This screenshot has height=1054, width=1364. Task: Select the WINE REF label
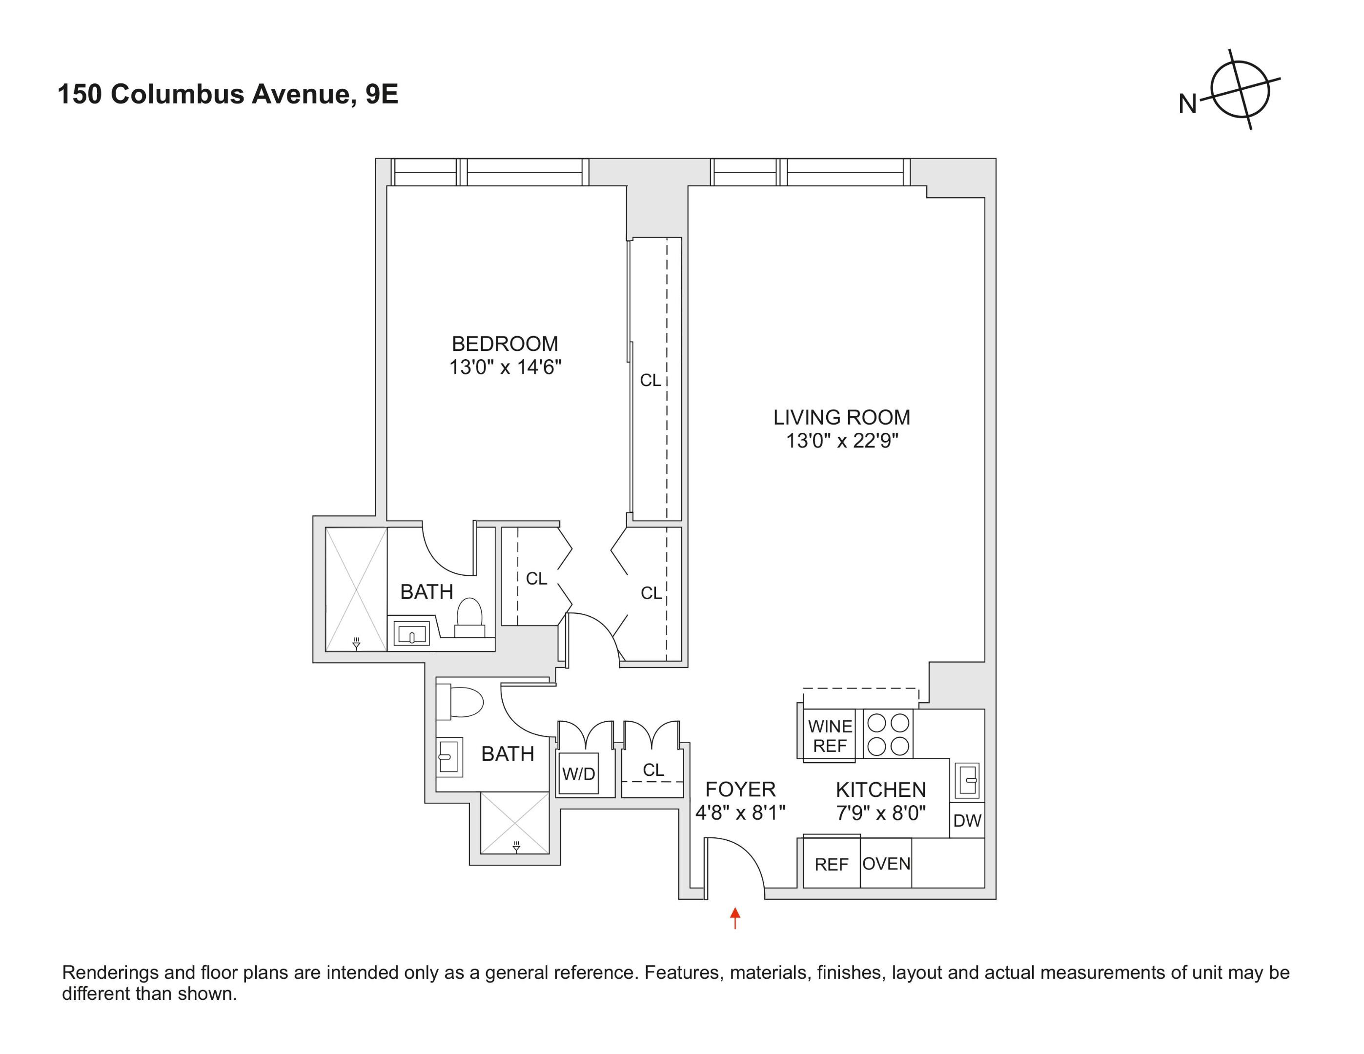(x=830, y=735)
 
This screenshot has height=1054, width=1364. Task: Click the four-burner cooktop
(x=888, y=734)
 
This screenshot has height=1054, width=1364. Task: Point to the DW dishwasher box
(x=967, y=820)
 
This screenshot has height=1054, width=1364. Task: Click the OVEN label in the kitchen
(x=886, y=864)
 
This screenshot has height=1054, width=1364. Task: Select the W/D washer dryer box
(x=578, y=774)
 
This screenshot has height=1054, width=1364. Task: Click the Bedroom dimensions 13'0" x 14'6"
(x=505, y=367)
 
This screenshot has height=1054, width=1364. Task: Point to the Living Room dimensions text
(x=841, y=441)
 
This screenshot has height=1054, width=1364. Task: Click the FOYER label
(x=740, y=789)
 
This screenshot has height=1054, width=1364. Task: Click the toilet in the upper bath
(x=469, y=615)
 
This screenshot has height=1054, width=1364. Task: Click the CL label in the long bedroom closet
(x=650, y=380)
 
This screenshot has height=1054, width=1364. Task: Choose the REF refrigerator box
(x=831, y=864)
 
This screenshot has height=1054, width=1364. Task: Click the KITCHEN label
(x=880, y=790)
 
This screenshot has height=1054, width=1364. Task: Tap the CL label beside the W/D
(x=653, y=770)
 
